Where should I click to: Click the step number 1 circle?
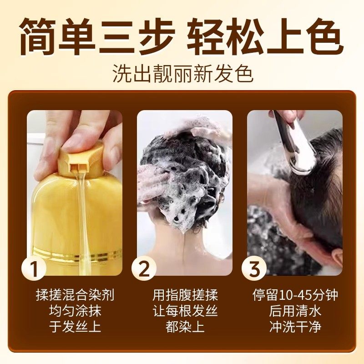pyautogui.click(x=34, y=269)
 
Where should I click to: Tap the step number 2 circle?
pyautogui.click(x=144, y=269)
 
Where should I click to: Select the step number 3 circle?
pyautogui.click(x=254, y=269)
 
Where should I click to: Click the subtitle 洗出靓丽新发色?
pyautogui.click(x=182, y=73)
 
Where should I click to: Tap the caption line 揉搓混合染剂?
pyautogui.click(x=75, y=295)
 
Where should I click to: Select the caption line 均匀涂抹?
pyautogui.click(x=75, y=311)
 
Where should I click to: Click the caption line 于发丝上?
pyautogui.click(x=75, y=327)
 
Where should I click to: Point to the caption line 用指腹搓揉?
pyautogui.click(x=185, y=295)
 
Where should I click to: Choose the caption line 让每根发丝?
pyautogui.click(x=185, y=311)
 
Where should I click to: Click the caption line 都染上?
pyautogui.click(x=185, y=327)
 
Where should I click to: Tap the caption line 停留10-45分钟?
pyautogui.click(x=295, y=295)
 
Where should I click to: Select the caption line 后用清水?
pyautogui.click(x=295, y=311)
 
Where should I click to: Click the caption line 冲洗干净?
pyautogui.click(x=295, y=327)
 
